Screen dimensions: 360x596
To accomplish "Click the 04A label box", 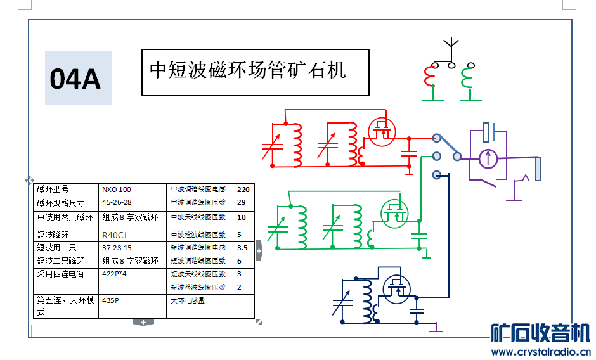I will point(78,79).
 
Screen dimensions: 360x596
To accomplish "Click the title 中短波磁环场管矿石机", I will point(248,70).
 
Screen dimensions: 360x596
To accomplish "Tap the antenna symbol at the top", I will point(451,47).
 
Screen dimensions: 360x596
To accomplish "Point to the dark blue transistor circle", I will point(397,289).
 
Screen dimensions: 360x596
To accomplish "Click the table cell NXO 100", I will point(117,190).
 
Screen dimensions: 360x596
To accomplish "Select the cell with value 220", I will point(243,190).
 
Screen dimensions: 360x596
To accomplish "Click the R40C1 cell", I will point(115,235).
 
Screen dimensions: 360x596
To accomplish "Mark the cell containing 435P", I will point(111,301).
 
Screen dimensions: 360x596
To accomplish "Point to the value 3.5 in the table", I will point(242,248).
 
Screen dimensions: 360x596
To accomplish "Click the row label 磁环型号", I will point(53,190).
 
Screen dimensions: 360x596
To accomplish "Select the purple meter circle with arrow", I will point(488,158).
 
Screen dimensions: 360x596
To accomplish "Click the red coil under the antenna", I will point(429,79).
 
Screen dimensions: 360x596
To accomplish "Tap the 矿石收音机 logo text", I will point(541,333).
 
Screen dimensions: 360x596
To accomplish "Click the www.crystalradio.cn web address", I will point(541,352).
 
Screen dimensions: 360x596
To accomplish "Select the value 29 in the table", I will point(242,203).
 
